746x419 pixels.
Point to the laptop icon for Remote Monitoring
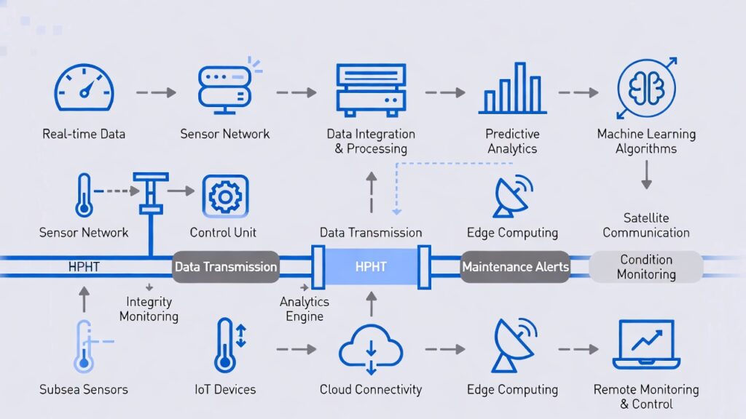click(x=645, y=345)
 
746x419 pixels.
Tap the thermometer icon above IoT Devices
click(x=225, y=345)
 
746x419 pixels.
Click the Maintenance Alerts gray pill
click(x=515, y=267)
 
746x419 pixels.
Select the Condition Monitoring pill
click(x=646, y=267)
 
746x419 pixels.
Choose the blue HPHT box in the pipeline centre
click(x=371, y=267)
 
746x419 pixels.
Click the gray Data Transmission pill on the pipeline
click(x=225, y=267)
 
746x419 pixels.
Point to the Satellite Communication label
click(x=645, y=226)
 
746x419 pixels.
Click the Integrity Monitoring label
click(x=149, y=309)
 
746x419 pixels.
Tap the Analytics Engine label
click(x=305, y=309)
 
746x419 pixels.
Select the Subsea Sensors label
click(x=84, y=390)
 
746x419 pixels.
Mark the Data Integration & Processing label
click(x=371, y=142)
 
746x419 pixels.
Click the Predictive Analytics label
click(x=512, y=142)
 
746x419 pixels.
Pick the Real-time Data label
click(x=84, y=134)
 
